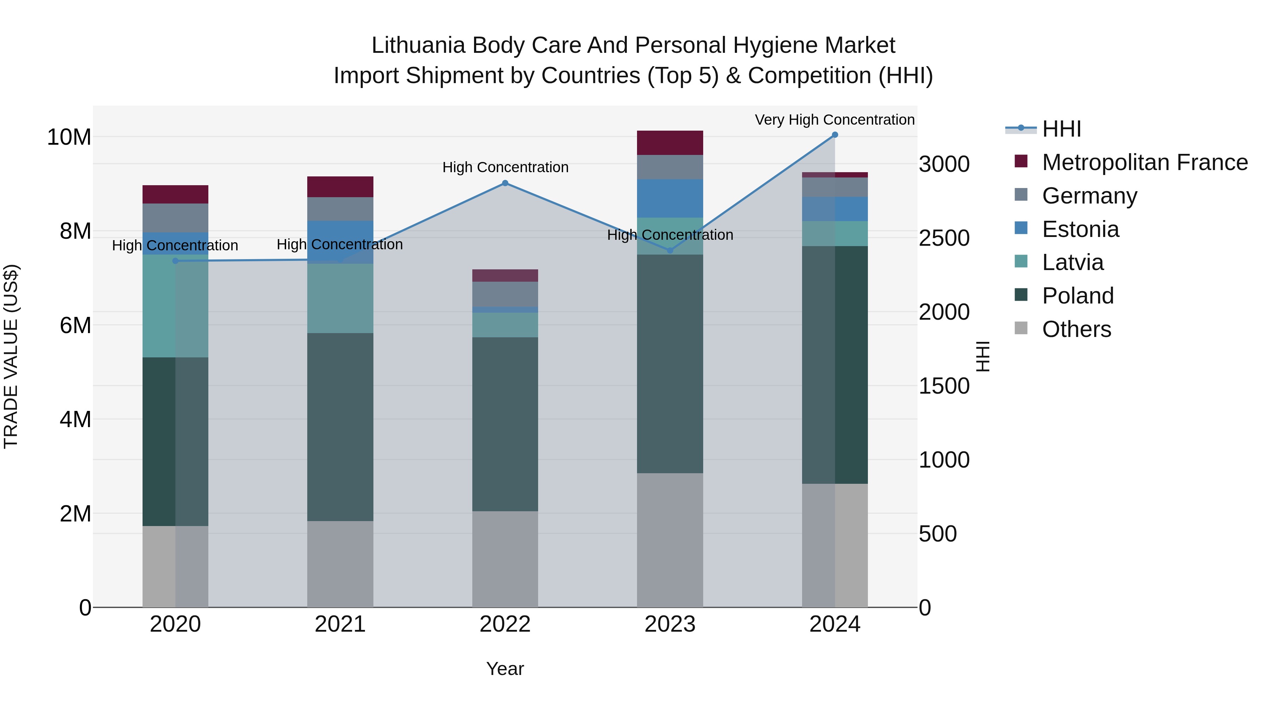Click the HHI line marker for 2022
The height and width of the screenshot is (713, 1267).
coord(505,183)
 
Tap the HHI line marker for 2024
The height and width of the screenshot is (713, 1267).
coord(835,135)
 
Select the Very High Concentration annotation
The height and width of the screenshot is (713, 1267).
coord(835,120)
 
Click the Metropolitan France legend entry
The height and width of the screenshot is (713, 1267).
coord(1145,162)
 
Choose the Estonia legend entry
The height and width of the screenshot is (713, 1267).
coord(1080,229)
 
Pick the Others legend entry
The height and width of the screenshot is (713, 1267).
coord(1076,329)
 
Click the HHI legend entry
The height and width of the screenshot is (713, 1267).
coord(1061,129)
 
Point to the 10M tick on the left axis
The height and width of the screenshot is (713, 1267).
coord(69,137)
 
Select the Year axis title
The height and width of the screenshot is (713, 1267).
coord(505,669)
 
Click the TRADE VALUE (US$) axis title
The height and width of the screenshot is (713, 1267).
coord(11,356)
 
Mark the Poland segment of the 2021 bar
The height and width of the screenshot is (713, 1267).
coord(340,427)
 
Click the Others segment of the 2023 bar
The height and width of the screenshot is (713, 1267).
coord(670,540)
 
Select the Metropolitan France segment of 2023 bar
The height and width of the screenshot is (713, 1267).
coord(670,143)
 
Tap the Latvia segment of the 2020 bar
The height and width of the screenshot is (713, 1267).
coord(176,306)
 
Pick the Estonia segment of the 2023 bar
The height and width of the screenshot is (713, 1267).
coord(670,198)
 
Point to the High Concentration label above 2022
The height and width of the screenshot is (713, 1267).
coord(505,167)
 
